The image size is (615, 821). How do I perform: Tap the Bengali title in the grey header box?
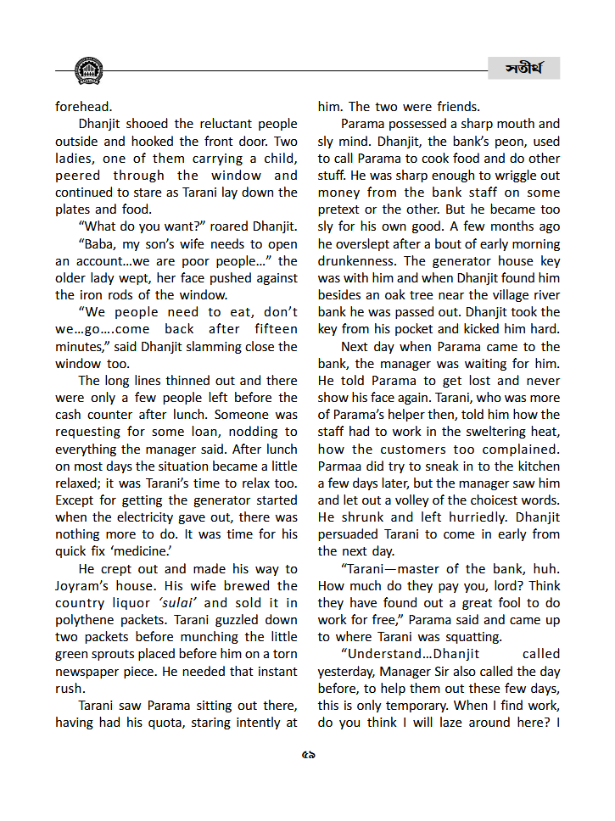(x=523, y=68)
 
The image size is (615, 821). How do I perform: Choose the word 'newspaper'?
(x=93, y=671)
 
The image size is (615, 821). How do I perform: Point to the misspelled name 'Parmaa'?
(x=341, y=466)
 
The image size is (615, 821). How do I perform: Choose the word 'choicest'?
(x=495, y=500)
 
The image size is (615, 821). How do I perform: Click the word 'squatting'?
(x=473, y=637)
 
